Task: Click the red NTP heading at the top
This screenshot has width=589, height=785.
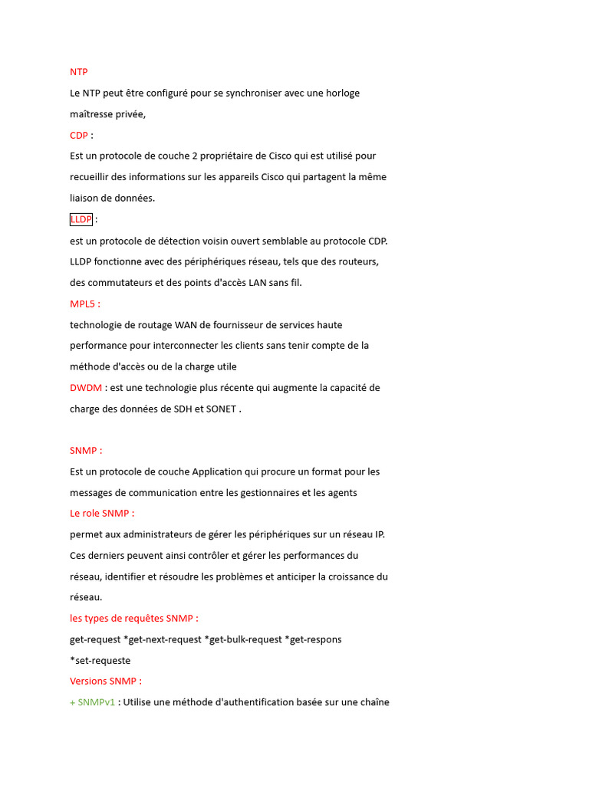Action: [79, 72]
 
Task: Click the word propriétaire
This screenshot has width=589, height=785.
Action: [233, 156]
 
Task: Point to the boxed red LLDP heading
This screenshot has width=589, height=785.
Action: [81, 219]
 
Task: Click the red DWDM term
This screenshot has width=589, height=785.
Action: [86, 388]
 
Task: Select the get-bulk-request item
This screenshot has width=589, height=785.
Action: [243, 639]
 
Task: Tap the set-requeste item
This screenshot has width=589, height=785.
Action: [100, 660]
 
